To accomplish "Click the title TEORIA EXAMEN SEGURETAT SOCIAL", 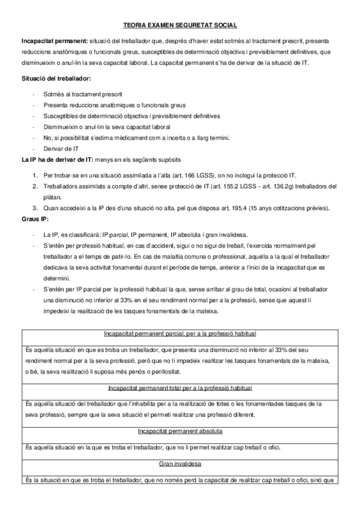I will point(180,25).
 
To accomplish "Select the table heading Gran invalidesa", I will point(180,464).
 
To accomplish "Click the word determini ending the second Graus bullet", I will point(57,278).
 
